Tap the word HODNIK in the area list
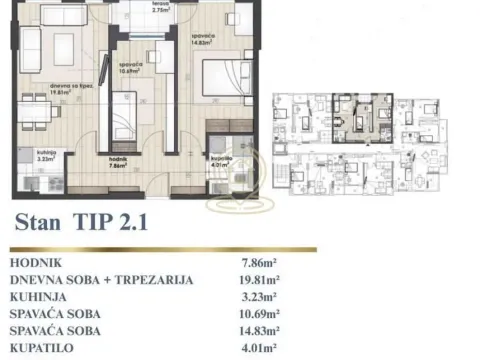39,263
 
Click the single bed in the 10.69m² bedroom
125,118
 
